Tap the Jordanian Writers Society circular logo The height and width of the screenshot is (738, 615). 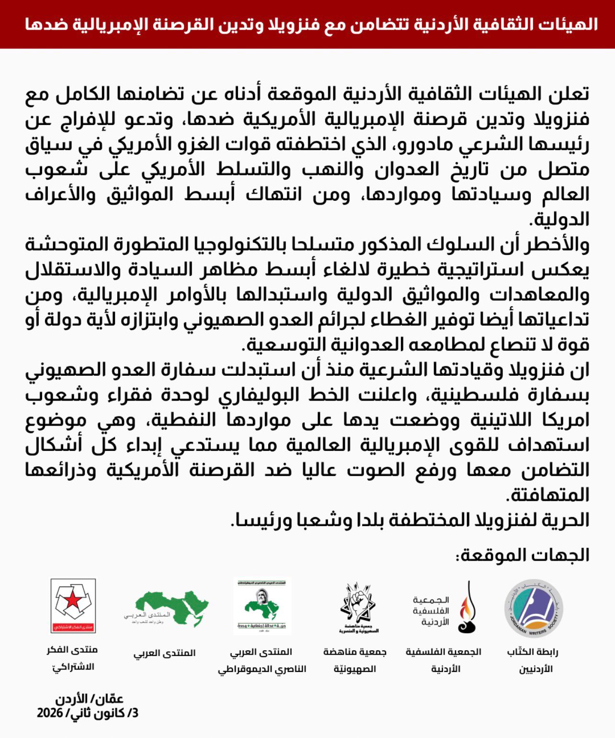coord(534,609)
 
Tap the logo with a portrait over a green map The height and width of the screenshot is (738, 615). coord(262,605)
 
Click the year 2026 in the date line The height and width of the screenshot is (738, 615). coord(50,713)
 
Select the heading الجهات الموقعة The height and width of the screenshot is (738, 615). coord(522,555)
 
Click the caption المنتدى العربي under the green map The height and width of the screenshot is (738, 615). coord(164,653)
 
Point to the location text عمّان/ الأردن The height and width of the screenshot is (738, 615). coord(89,699)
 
